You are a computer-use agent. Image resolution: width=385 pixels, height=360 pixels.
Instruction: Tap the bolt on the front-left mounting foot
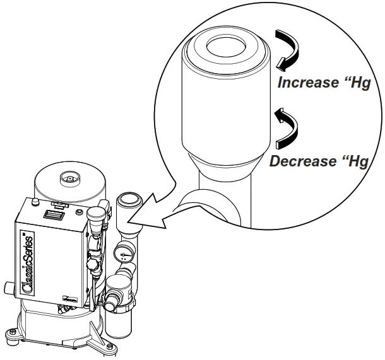tap(13, 332)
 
